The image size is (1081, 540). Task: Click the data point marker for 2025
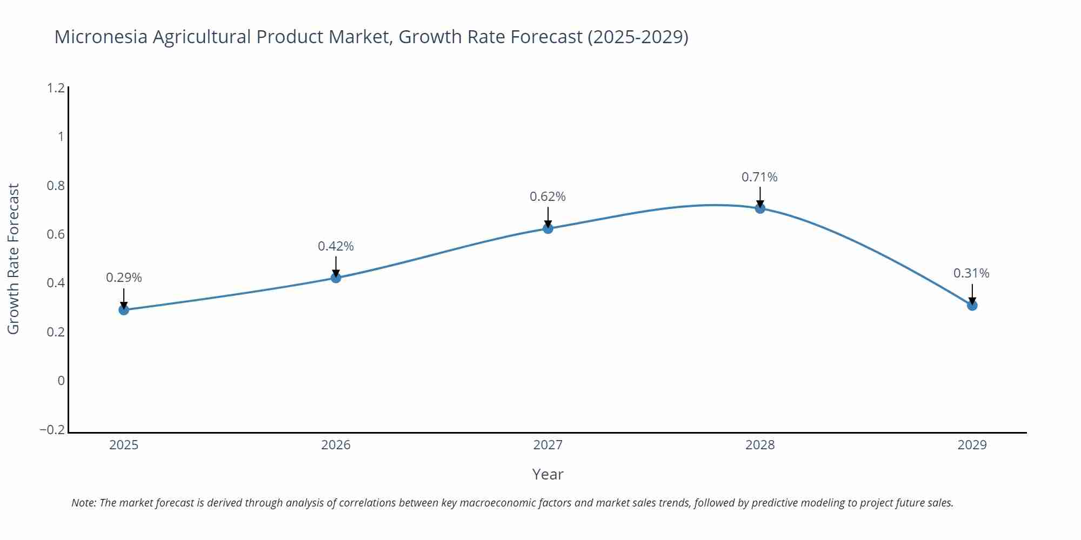(124, 309)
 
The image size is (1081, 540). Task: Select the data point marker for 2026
(336, 278)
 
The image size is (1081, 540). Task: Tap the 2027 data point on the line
(548, 228)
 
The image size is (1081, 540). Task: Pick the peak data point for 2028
(760, 208)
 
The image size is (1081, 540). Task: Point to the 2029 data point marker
(972, 305)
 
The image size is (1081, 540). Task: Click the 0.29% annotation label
(124, 278)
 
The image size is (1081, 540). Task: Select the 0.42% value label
(336, 246)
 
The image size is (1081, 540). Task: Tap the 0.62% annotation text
(548, 197)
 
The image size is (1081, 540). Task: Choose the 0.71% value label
(759, 177)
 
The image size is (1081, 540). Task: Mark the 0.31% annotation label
(971, 273)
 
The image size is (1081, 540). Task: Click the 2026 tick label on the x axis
(336, 445)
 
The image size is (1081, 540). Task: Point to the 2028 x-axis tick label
(760, 445)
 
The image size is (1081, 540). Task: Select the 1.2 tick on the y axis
(56, 87)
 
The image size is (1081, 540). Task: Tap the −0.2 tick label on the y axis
(52, 430)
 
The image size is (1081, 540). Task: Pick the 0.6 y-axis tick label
(56, 234)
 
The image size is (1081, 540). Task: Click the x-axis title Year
(548, 474)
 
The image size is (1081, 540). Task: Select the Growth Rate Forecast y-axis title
(13, 259)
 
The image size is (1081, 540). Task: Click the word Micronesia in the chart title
(101, 37)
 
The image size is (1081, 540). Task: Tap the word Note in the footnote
(83, 503)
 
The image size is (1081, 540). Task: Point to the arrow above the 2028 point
(760, 197)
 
